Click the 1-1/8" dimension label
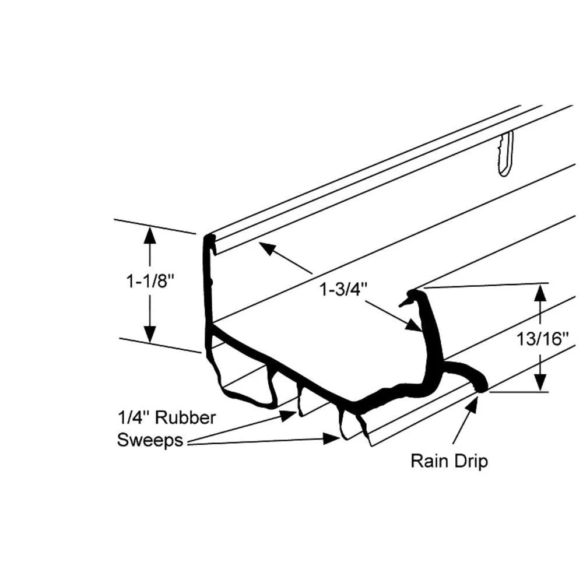151,282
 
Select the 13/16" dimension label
541,339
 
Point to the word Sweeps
150,440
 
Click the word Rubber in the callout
187,417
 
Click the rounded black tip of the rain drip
482,385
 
